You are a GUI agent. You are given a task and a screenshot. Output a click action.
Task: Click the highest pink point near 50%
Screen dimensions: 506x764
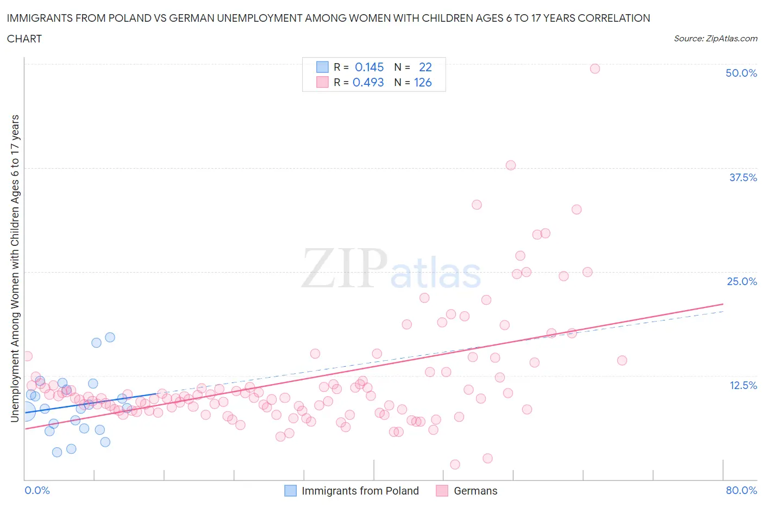point(594,69)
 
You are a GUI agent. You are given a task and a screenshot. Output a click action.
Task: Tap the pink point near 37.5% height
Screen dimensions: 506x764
point(510,165)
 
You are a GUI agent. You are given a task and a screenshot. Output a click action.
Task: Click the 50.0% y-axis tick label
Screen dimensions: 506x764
point(741,73)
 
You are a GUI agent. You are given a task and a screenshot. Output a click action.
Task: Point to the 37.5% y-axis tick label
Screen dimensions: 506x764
point(742,177)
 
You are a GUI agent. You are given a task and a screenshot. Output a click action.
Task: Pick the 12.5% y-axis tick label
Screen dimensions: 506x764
point(742,385)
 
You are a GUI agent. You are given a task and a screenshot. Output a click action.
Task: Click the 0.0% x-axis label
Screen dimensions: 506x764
point(37,490)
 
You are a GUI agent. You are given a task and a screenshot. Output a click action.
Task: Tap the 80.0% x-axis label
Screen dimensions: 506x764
point(741,490)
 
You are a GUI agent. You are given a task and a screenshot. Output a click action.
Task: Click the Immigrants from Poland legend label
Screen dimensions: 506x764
point(360,491)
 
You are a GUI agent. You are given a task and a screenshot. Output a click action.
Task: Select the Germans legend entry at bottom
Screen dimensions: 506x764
point(475,491)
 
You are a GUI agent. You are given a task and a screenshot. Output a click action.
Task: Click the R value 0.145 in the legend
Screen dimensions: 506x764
point(369,67)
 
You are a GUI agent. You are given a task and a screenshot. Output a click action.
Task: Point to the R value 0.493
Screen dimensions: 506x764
point(368,82)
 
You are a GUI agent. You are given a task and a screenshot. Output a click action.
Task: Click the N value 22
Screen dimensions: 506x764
point(425,67)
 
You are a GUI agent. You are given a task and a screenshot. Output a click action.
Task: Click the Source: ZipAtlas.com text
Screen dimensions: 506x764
point(715,38)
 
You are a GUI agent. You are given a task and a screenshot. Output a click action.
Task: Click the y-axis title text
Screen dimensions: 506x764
point(15,268)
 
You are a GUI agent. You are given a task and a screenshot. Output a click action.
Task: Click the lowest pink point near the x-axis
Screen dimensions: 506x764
point(455,464)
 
